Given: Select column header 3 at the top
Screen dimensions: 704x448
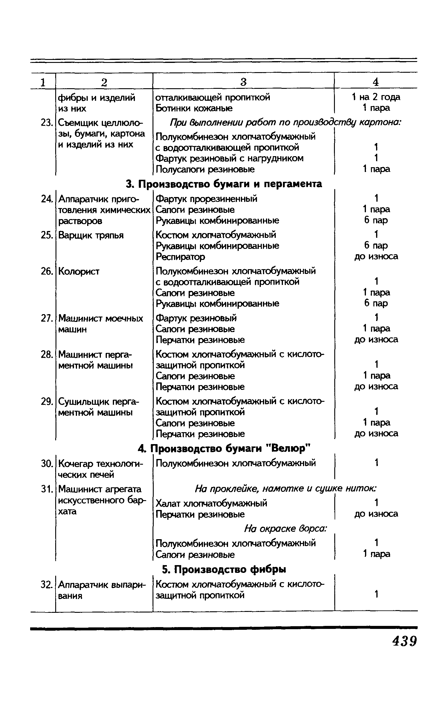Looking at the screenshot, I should pyautogui.click(x=244, y=82).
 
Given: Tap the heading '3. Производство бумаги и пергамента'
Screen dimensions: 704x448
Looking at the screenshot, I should pyautogui.click(x=224, y=184).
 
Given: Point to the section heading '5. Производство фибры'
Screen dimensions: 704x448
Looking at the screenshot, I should pyautogui.click(x=224, y=569).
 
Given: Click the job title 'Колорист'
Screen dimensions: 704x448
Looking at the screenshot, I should pyautogui.click(x=79, y=271).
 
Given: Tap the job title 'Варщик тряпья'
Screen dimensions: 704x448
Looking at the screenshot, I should pyautogui.click(x=91, y=235).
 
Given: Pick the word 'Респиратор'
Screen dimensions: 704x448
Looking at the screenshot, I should pyautogui.click(x=180, y=256).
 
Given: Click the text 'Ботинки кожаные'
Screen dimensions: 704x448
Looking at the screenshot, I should pyautogui.click(x=194, y=108).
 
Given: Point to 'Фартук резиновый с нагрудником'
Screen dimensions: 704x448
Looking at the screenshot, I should pyautogui.click(x=230, y=158).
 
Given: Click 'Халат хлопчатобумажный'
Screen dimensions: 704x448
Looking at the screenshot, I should pyautogui.click(x=211, y=503).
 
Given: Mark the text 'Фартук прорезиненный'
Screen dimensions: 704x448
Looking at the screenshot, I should pyautogui.click(x=206, y=199).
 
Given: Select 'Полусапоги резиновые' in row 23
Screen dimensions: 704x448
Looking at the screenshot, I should pyautogui.click(x=205, y=169).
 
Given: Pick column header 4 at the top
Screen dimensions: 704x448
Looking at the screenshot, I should pyautogui.click(x=376, y=82).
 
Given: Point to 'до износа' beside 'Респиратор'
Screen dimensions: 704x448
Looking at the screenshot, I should pyautogui.click(x=376, y=256).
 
